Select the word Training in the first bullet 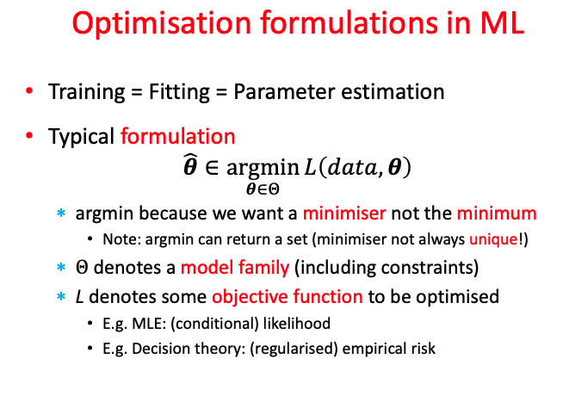click(83, 91)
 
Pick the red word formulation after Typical click(178, 136)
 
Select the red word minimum click(498, 212)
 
